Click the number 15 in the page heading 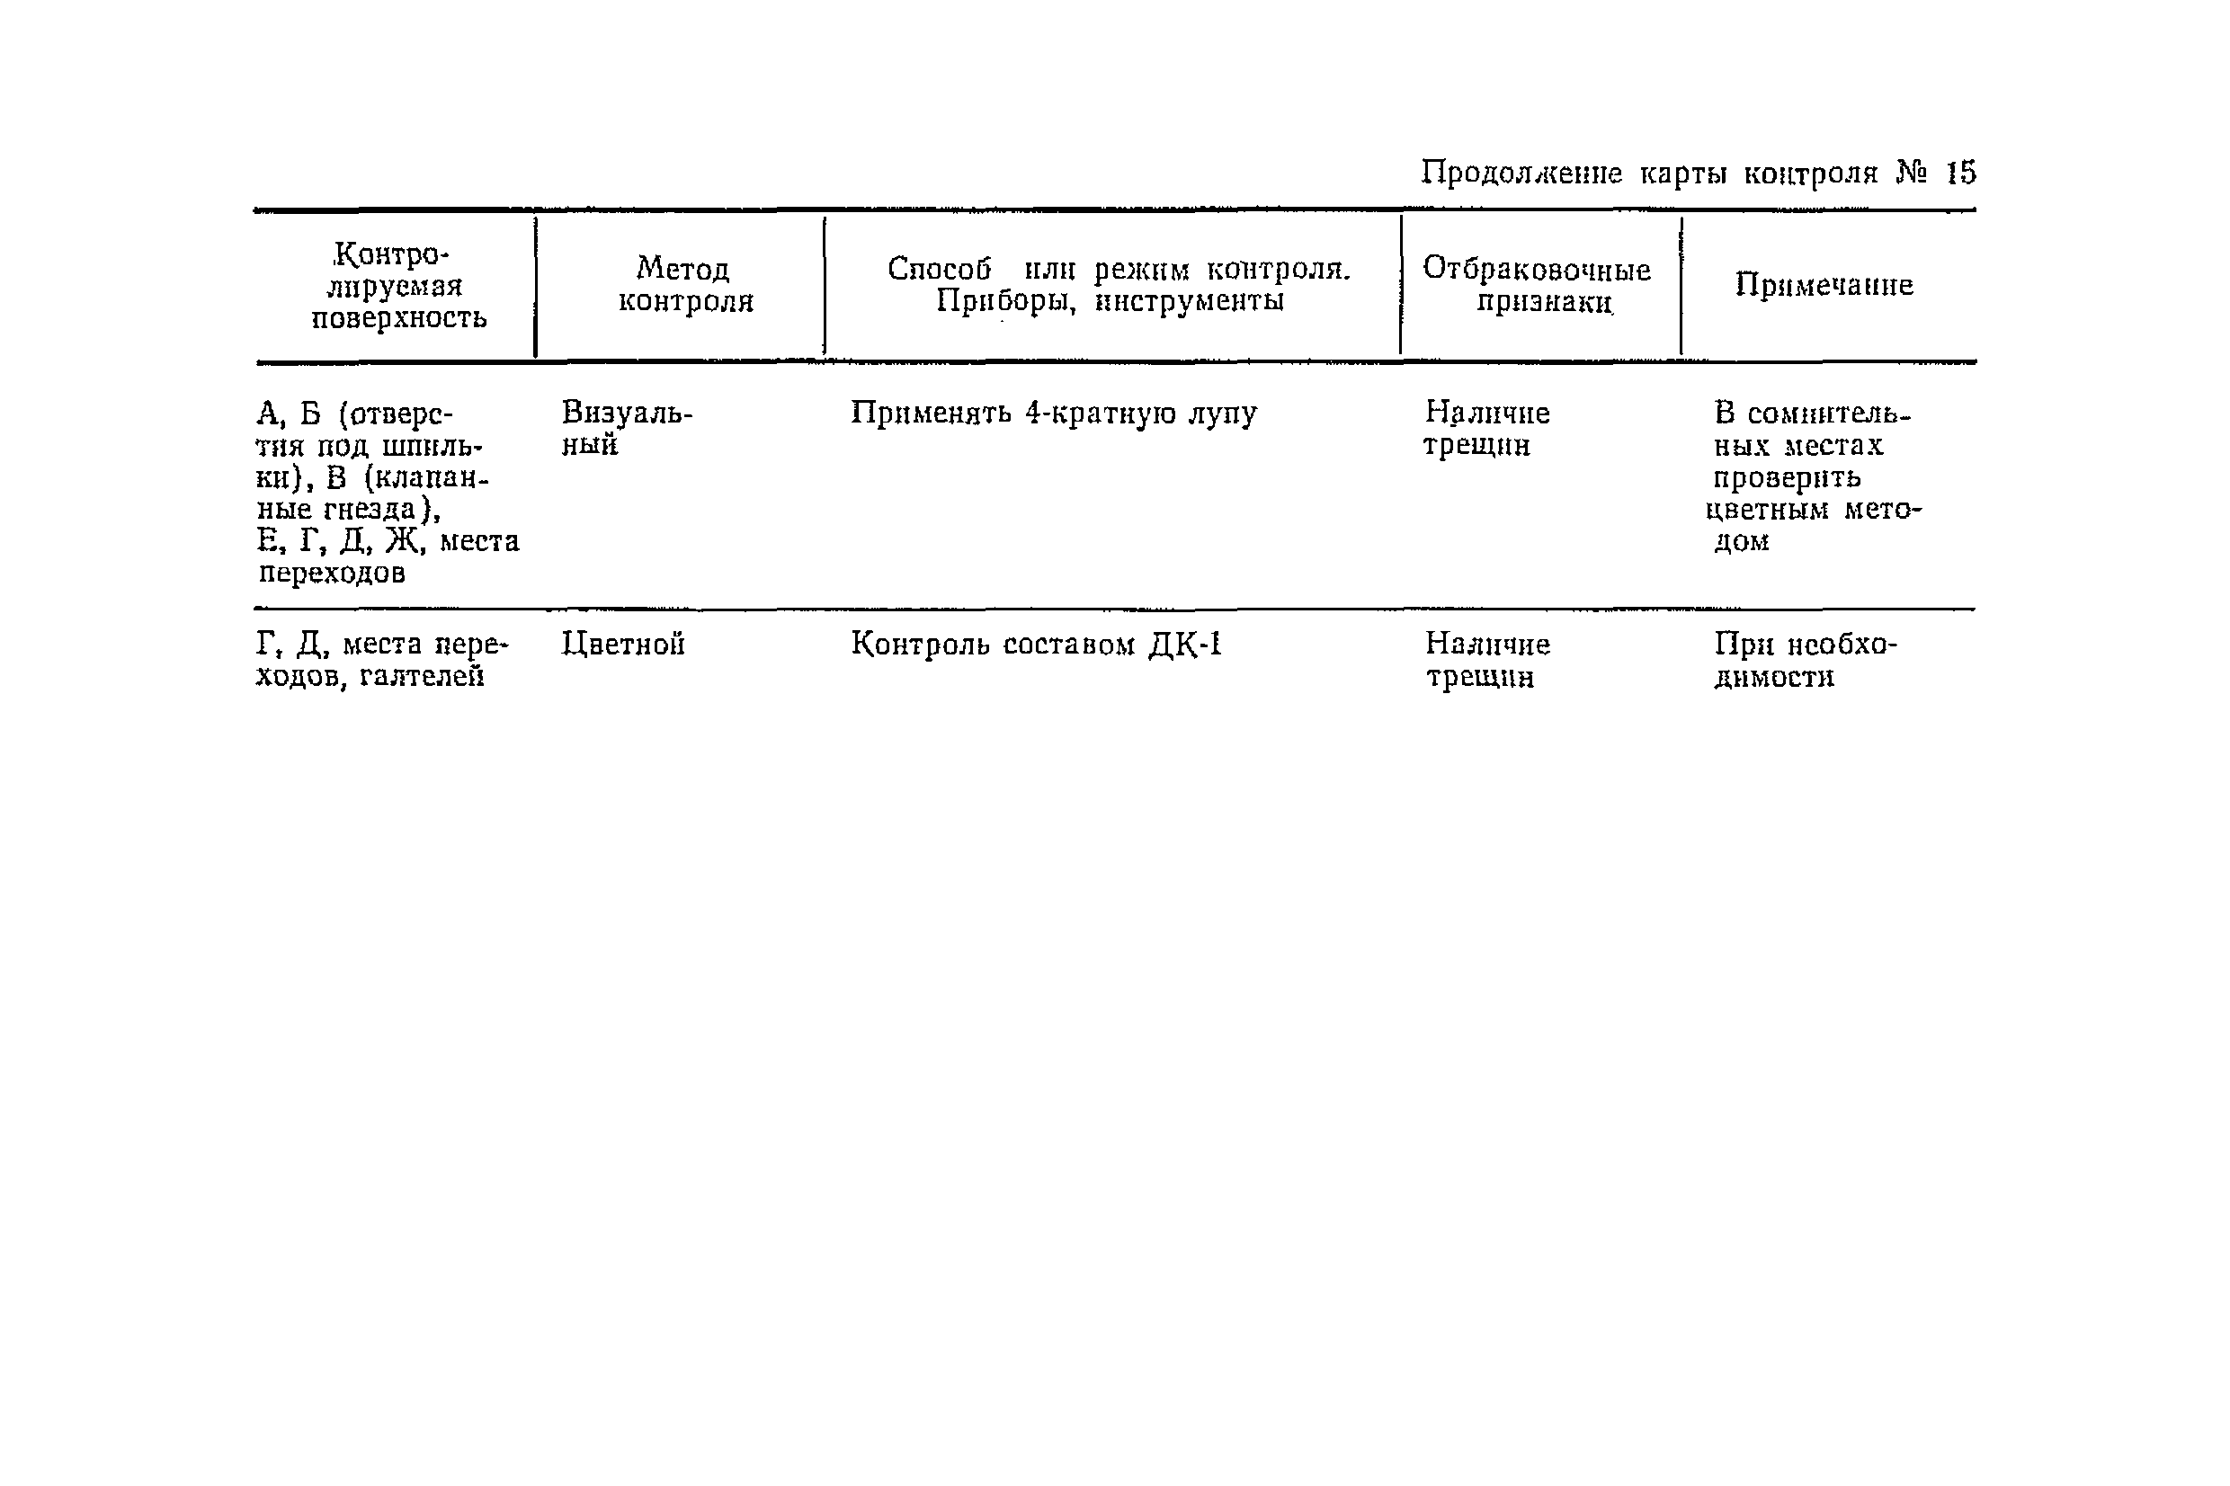pyautogui.click(x=1960, y=174)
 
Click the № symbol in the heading pyautogui.click(x=1912, y=174)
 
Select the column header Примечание pyautogui.click(x=1824, y=284)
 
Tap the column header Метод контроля pyautogui.click(x=684, y=284)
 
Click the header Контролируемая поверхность pyautogui.click(x=398, y=285)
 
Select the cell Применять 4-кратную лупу pyautogui.click(x=1053, y=414)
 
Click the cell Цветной pyautogui.click(x=622, y=645)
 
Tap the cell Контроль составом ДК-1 pyautogui.click(x=1036, y=645)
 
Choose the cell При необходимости pyautogui.click(x=1805, y=660)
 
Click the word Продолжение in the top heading pyautogui.click(x=1521, y=174)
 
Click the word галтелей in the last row pyautogui.click(x=422, y=677)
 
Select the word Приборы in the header pyautogui.click(x=1005, y=301)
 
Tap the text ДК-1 pyautogui.click(x=1184, y=645)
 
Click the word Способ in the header pyautogui.click(x=938, y=269)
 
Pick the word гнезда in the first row pyautogui.click(x=370, y=510)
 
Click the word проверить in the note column pyautogui.click(x=1787, y=477)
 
